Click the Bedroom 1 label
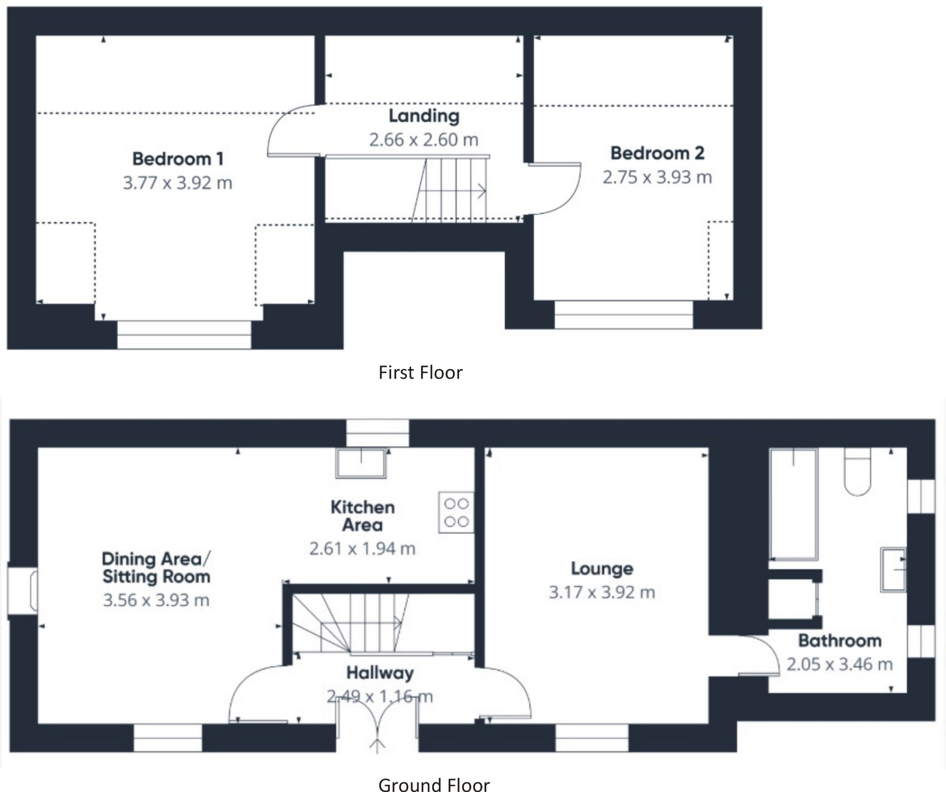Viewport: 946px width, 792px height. pyautogui.click(x=177, y=159)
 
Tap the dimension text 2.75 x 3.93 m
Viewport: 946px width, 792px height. pyautogui.click(x=657, y=177)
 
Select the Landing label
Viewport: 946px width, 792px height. pyautogui.click(x=424, y=116)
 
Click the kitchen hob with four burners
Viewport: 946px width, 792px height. pyautogui.click(x=456, y=512)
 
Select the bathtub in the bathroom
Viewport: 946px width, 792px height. pyautogui.click(x=793, y=504)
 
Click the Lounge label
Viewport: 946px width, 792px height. pyautogui.click(x=602, y=569)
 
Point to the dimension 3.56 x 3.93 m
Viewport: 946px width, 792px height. pyautogui.click(x=156, y=600)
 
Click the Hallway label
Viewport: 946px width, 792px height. pyautogui.click(x=380, y=673)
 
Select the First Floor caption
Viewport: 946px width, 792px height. pyautogui.click(x=420, y=373)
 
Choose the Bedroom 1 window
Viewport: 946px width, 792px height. pyautogui.click(x=184, y=335)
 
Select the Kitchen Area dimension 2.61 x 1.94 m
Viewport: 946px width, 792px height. pyautogui.click(x=362, y=549)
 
